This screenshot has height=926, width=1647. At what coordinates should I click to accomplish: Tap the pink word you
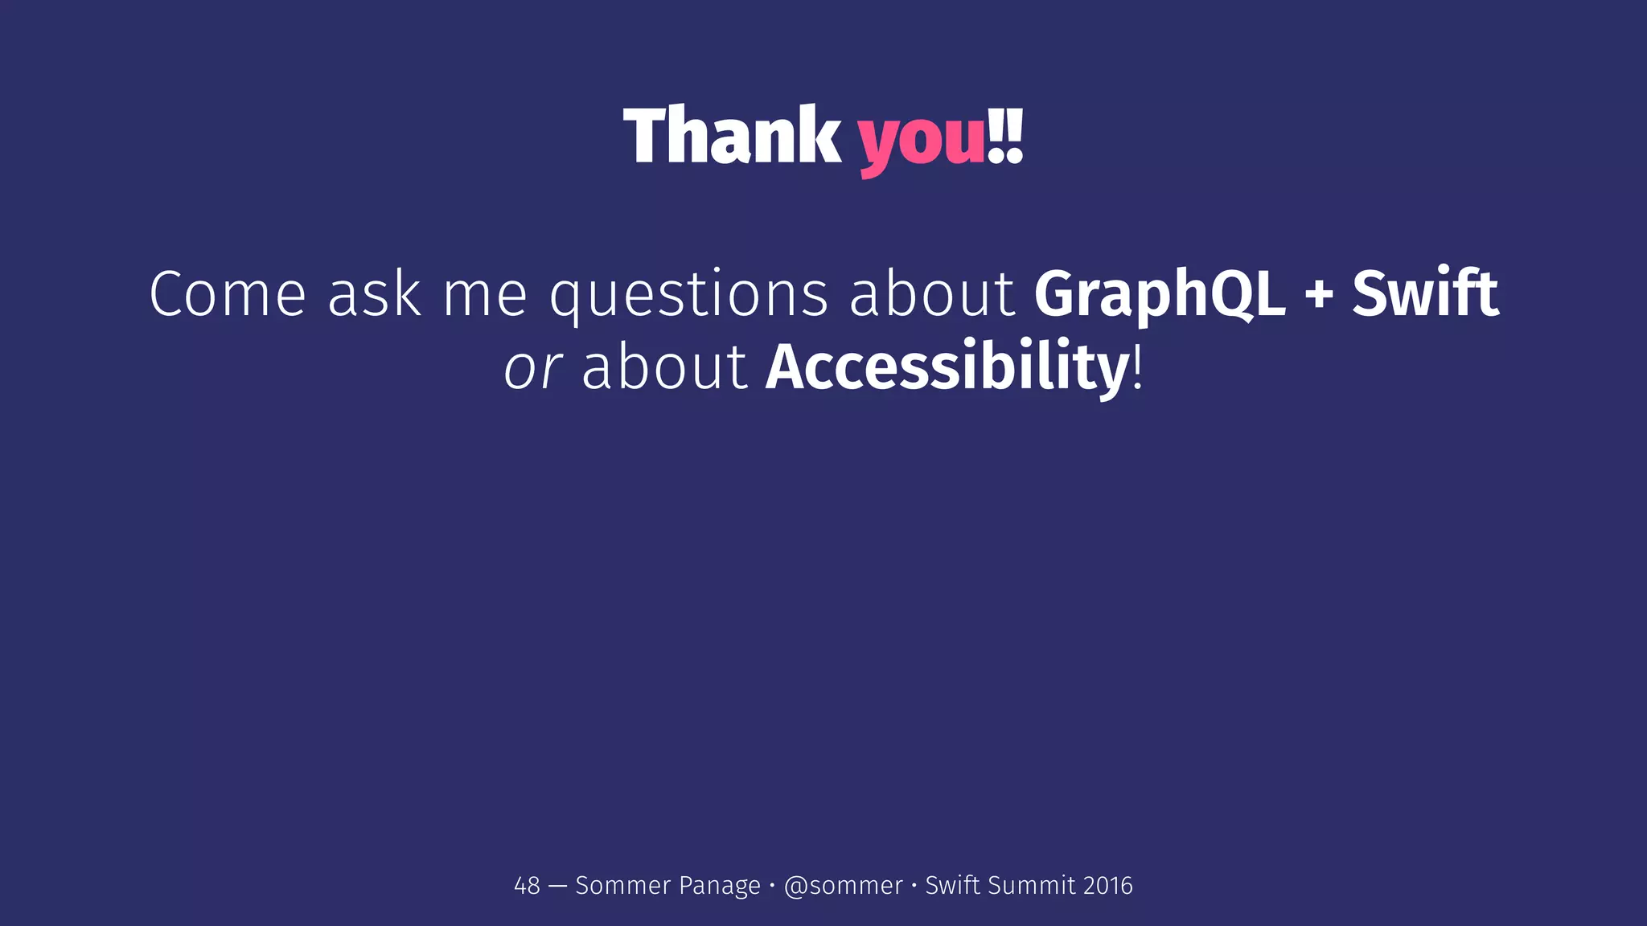point(922,141)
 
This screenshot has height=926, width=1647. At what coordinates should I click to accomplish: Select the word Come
point(228,294)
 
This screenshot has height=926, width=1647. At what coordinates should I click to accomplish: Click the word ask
point(374,294)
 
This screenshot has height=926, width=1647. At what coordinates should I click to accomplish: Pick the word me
point(485,294)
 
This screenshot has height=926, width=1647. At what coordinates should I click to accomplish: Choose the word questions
point(688,296)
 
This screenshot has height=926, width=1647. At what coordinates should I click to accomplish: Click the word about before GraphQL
point(932,294)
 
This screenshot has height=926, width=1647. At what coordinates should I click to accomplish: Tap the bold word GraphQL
point(1159,294)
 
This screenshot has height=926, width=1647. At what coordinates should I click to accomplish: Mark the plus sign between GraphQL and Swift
point(1319,296)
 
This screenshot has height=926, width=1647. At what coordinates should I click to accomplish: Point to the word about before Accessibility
point(664,368)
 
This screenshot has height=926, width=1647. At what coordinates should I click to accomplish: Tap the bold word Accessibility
point(947,368)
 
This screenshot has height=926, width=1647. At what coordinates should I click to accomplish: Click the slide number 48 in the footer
point(527,886)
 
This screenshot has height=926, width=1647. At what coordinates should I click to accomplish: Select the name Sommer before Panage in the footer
point(622,886)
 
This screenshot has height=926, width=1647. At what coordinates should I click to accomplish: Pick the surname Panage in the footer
point(719,886)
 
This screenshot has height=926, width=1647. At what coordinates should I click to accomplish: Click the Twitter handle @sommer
point(843,886)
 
